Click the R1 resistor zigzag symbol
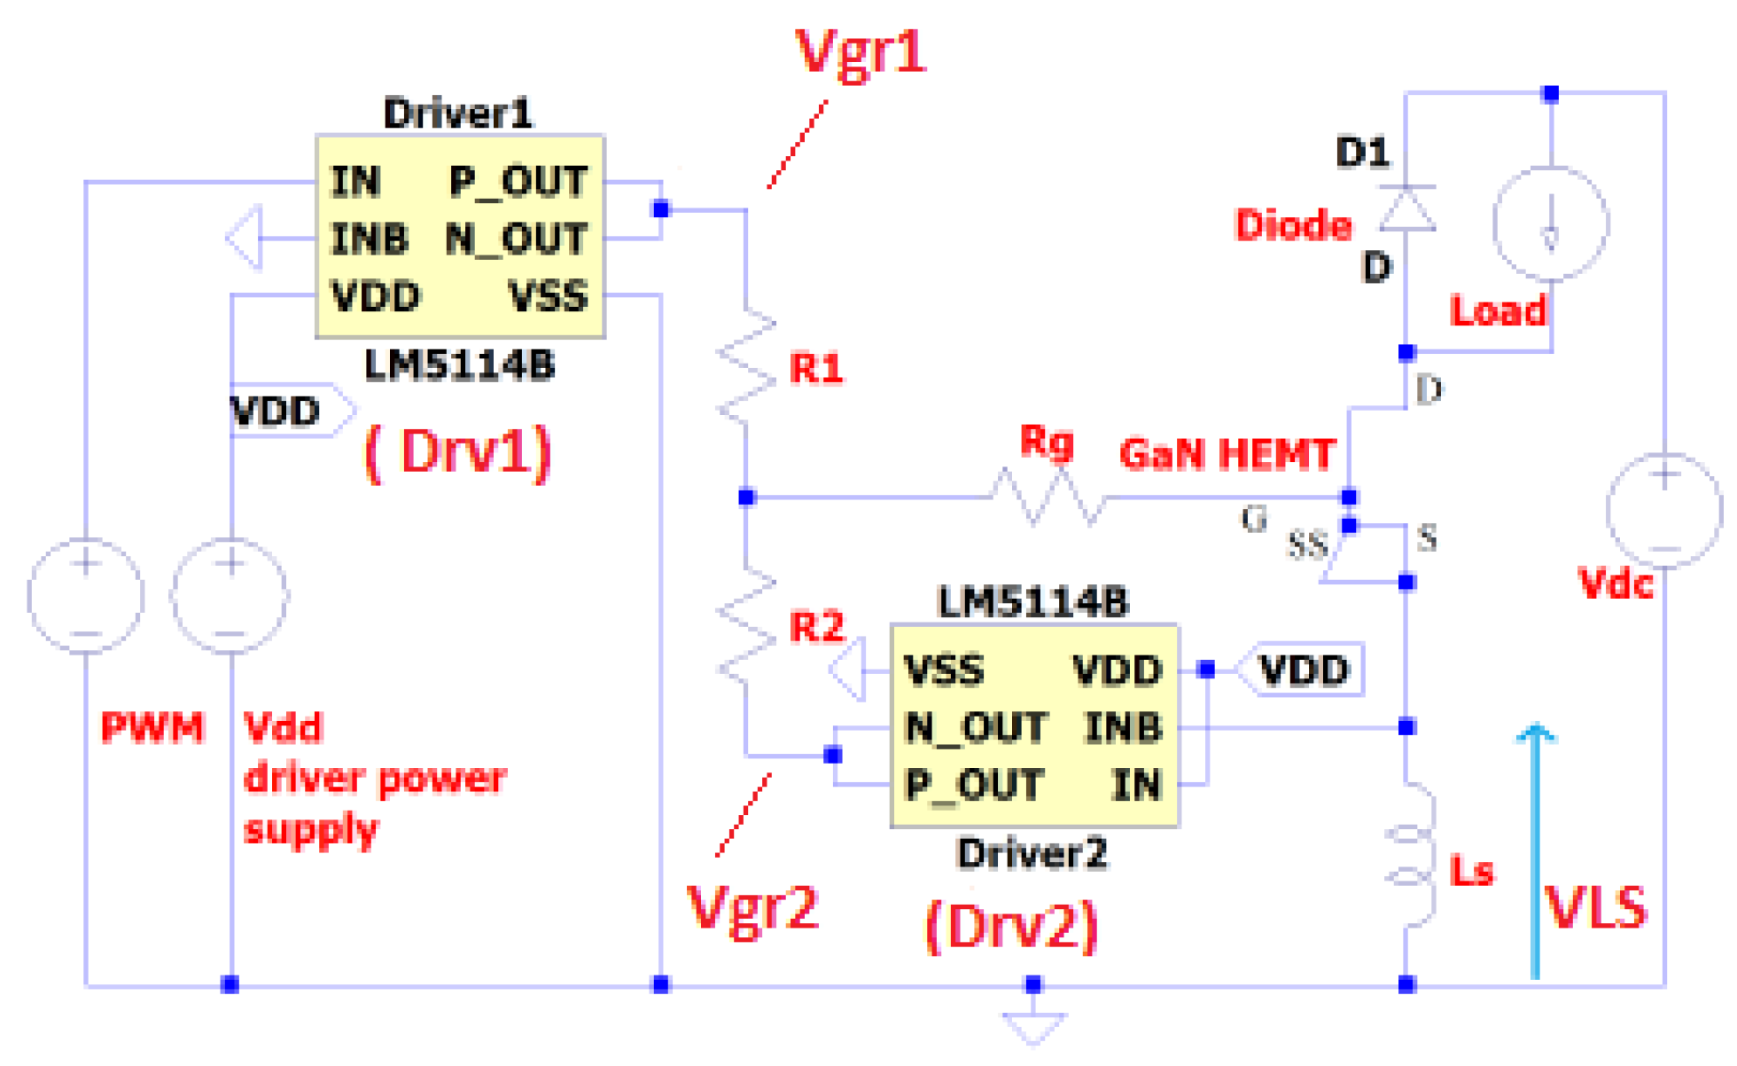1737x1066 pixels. click(745, 365)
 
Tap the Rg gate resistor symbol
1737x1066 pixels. click(1047, 498)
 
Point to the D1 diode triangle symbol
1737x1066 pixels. click(1407, 210)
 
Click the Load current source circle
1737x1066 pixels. click(1550, 223)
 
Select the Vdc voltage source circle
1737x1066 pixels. click(1663, 511)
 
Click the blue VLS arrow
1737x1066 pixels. click(1536, 851)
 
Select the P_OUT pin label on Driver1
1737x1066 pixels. click(518, 182)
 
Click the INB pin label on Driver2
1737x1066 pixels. click(1122, 727)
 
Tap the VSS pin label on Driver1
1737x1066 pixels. click(548, 296)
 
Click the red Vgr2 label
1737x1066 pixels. click(753, 909)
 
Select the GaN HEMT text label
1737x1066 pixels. click(1227, 454)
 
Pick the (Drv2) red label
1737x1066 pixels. click(1010, 928)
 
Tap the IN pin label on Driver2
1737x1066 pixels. click(1136, 785)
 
